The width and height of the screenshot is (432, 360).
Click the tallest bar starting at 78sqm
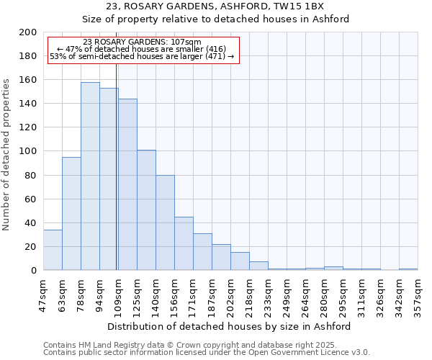tap(90, 176)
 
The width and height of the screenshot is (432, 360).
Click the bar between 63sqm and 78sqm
tap(71, 214)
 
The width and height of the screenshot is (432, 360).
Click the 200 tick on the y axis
tap(29, 32)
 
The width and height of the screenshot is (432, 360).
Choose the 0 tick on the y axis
tap(34, 271)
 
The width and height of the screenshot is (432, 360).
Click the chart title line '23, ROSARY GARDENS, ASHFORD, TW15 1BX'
tap(215, 6)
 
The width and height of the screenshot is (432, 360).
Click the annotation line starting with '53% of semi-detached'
tap(142, 56)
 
